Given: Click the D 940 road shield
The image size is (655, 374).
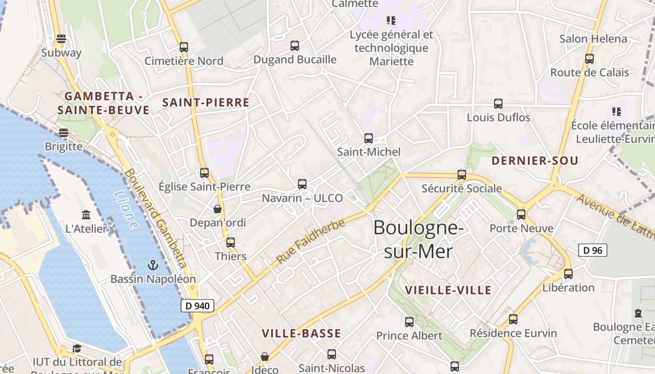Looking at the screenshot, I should pyautogui.click(x=197, y=306).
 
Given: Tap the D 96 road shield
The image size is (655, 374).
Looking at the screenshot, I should pyautogui.click(x=593, y=250).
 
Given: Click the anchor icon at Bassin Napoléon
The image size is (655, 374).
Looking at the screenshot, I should pyautogui.click(x=153, y=266).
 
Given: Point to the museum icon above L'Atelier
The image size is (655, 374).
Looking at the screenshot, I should pyautogui.click(x=86, y=215).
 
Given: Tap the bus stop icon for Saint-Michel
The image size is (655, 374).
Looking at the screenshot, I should pyautogui.click(x=369, y=138).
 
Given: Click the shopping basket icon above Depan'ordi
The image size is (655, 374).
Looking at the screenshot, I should pyautogui.click(x=218, y=209).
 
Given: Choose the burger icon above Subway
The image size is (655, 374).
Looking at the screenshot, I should pyautogui.click(x=61, y=39).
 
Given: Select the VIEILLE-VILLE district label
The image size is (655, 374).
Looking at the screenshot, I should pyautogui.click(x=448, y=290).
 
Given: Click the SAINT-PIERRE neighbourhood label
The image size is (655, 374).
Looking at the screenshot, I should pyautogui.click(x=206, y=102).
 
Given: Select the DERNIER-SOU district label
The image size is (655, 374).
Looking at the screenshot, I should pyautogui.click(x=535, y=161).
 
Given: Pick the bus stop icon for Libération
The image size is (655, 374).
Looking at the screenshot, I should pyautogui.click(x=568, y=274).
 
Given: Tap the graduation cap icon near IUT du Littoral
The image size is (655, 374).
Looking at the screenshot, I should pyautogui.click(x=77, y=349).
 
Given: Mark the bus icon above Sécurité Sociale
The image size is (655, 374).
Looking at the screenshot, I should pyautogui.click(x=462, y=175).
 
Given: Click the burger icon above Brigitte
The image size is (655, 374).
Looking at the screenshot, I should pyautogui.click(x=64, y=133).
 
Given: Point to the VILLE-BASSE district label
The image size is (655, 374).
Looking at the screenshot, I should pyautogui.click(x=301, y=333).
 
